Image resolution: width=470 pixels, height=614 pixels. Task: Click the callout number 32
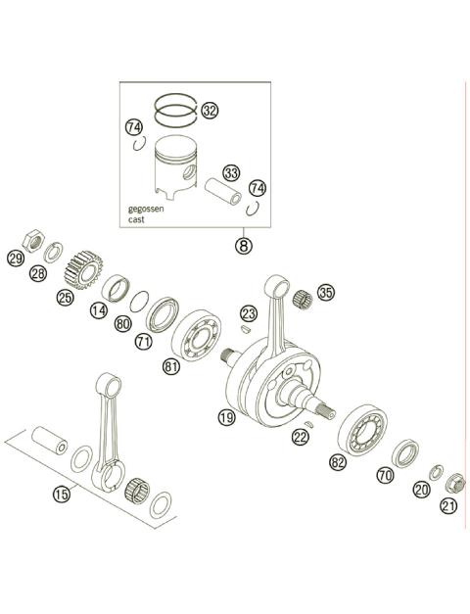209,111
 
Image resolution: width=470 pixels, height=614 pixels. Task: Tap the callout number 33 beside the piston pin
230,174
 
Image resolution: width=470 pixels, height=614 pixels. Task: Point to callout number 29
15,259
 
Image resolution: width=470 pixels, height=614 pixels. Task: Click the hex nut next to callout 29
31,239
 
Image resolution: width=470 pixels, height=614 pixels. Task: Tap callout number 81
172,367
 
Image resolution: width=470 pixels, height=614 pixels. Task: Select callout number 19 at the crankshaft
227,417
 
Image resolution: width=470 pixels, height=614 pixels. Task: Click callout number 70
385,475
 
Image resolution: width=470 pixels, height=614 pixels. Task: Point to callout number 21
449,505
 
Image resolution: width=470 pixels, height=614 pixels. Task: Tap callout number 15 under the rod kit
62,495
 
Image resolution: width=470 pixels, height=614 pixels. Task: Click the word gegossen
146,210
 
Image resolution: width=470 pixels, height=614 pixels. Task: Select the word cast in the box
137,220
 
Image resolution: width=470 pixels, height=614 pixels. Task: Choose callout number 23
249,313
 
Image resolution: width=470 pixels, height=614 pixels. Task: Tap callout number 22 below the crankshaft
300,438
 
